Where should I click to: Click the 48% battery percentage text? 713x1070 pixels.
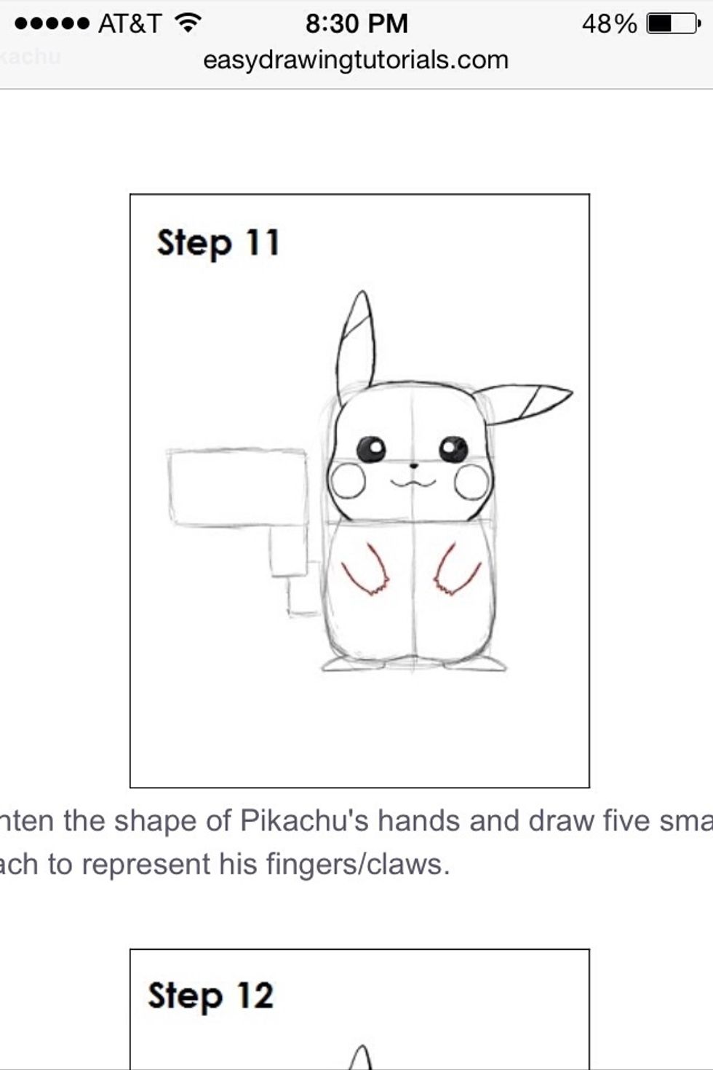pyautogui.click(x=609, y=24)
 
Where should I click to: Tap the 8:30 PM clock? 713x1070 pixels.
pyautogui.click(x=356, y=24)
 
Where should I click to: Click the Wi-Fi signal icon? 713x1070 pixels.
pyautogui.click(x=188, y=24)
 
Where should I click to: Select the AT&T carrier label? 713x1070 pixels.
pyautogui.click(x=130, y=24)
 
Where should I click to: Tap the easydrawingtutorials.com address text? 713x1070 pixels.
pyautogui.click(x=356, y=60)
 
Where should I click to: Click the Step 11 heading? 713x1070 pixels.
pyautogui.click(x=218, y=243)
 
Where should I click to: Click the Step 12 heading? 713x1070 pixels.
pyautogui.click(x=210, y=996)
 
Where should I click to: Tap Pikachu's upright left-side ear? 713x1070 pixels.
pyautogui.click(x=356, y=342)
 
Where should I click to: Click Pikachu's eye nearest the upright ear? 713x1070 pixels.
pyautogui.click(x=371, y=448)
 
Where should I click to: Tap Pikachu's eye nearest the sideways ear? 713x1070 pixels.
pyautogui.click(x=454, y=449)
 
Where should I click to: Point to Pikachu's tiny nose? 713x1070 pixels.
pyautogui.click(x=413, y=465)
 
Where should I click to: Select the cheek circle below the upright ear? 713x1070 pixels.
pyautogui.click(x=347, y=481)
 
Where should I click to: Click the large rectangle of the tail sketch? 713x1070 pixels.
pyautogui.click(x=237, y=487)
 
